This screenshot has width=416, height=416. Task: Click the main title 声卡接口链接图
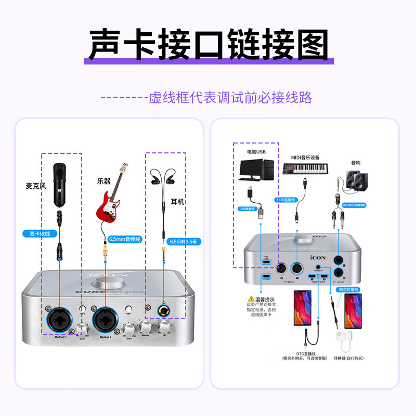pyautogui.click(x=208, y=44)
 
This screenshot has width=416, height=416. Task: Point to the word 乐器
pyautogui.click(x=103, y=181)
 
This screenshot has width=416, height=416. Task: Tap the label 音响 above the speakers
pyautogui.click(x=355, y=163)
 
